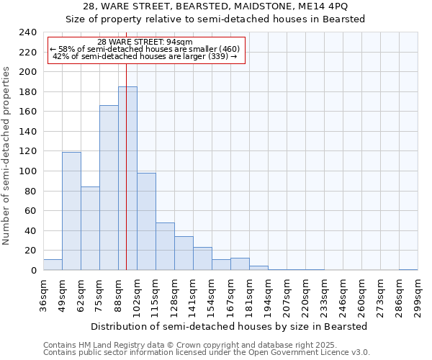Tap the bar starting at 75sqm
click(x=109, y=188)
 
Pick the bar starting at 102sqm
click(x=146, y=222)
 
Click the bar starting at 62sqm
click(x=90, y=228)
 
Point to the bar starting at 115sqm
click(x=165, y=246)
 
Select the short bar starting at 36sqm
click(x=53, y=265)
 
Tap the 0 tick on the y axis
click(x=33, y=271)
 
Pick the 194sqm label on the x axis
click(x=268, y=297)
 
